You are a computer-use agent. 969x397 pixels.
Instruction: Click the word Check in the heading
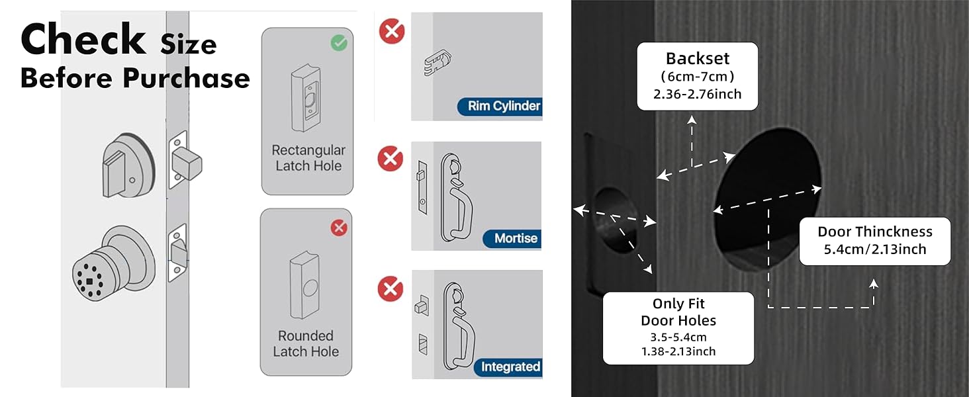(83, 40)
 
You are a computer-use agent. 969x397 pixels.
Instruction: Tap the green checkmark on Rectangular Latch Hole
(339, 44)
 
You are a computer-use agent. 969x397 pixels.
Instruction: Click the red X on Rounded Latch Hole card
(339, 228)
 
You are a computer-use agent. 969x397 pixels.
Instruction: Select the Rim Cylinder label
(503, 106)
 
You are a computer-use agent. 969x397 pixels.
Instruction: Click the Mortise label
(516, 238)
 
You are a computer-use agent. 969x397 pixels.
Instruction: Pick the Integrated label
(510, 367)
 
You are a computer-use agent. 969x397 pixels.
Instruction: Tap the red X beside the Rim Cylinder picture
(391, 31)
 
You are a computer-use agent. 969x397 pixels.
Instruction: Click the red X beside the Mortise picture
(391, 159)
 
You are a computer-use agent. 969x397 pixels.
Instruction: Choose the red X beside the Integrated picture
(391, 289)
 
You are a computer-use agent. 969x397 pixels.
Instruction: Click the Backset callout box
(697, 75)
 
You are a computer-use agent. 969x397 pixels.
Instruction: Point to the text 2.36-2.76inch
(697, 94)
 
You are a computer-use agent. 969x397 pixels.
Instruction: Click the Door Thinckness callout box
(874, 241)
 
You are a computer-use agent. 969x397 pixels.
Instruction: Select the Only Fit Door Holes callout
(678, 328)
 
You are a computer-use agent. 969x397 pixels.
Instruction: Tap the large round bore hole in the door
(768, 192)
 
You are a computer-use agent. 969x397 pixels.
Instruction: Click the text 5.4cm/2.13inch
(874, 250)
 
